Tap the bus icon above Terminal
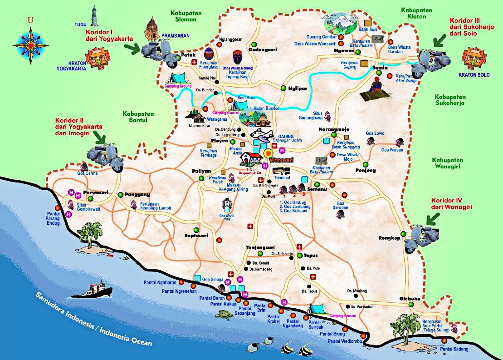(x=281, y=171)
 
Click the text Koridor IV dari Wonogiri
(x=452, y=203)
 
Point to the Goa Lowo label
(x=375, y=133)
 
